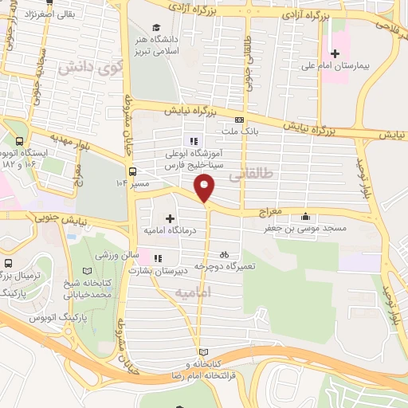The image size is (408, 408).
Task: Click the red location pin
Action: pos(206,189)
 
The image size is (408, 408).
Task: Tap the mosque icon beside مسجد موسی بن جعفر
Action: pos(306,216)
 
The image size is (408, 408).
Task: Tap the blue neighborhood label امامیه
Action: pos(193,293)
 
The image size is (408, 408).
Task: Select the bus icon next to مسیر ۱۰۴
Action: pos(132,171)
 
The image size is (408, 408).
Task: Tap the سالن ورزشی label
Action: pos(117,256)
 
